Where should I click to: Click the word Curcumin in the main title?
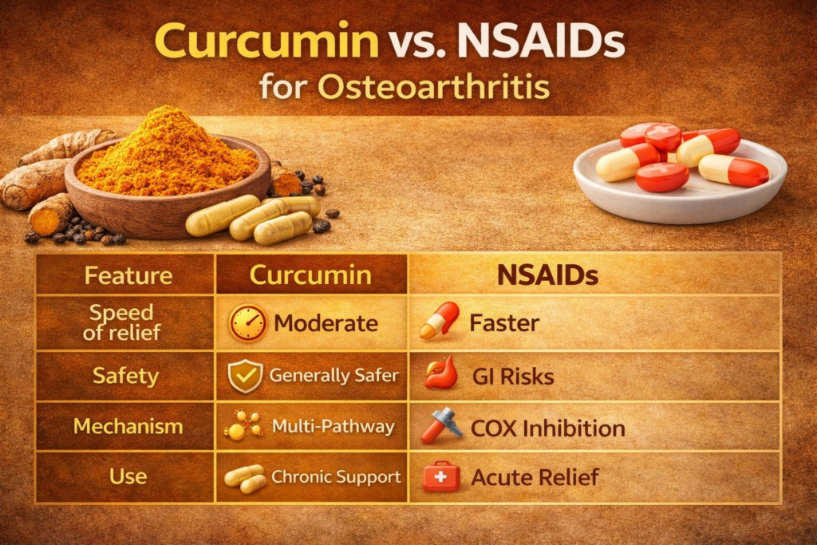(266, 40)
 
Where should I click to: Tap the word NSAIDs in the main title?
(540, 40)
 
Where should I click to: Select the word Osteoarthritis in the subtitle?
(433, 86)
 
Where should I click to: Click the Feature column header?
(128, 275)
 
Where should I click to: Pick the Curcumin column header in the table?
(310, 274)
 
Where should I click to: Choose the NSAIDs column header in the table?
(547, 275)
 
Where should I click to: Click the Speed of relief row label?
(122, 322)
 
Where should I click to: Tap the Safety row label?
(125, 376)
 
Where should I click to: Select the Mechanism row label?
(128, 426)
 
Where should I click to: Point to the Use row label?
(128, 476)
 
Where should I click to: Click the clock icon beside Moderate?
(247, 323)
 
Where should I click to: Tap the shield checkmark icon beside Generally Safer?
(246, 376)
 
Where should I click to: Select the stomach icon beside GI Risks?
(440, 373)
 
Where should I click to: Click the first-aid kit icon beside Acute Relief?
(441, 476)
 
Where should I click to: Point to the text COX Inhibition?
(548, 428)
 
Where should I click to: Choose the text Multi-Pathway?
(334, 426)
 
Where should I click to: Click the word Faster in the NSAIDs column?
(504, 323)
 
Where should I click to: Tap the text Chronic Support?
(336, 476)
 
